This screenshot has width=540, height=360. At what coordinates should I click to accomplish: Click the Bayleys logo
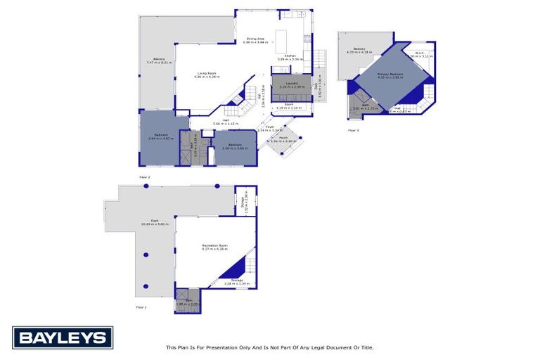[x=62, y=338]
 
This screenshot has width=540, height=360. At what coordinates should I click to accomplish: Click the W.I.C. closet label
[x=418, y=52]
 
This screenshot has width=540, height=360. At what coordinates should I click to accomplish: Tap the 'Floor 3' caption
[x=353, y=131]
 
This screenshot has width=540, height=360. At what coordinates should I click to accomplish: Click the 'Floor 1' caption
[x=142, y=307]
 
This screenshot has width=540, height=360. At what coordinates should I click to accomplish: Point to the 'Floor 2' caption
[x=145, y=176]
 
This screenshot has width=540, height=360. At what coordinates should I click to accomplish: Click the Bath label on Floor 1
[x=188, y=300]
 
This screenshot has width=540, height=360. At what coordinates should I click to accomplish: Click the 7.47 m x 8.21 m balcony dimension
[x=159, y=63]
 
